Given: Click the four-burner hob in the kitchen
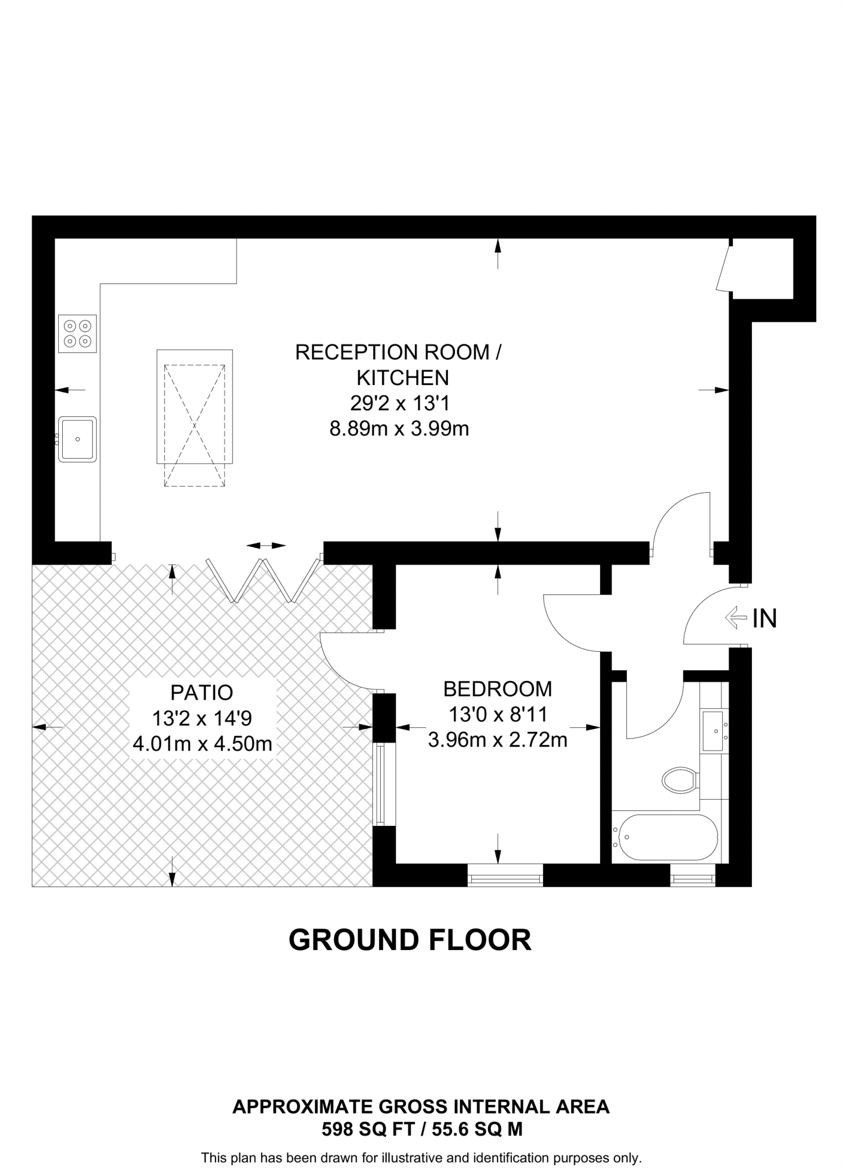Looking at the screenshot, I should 78,334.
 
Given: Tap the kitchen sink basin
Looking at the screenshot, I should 78,439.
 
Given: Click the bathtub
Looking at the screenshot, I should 665,837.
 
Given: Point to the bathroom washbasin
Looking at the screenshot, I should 712,731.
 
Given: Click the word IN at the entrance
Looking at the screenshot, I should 764,619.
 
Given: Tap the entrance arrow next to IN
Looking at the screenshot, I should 735,617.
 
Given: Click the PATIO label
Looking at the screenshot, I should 202,692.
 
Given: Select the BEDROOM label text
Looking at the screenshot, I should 498,689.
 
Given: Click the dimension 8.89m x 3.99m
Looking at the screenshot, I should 399,428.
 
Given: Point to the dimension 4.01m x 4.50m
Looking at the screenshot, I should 202,744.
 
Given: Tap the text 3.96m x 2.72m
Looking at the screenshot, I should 498,740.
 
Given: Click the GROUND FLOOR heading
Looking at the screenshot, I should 410,940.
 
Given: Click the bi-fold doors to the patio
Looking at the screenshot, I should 263,579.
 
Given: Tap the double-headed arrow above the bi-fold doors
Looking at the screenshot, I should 266,546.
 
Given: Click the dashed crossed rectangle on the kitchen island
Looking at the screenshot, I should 194,425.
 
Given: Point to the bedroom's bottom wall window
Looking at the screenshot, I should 505,875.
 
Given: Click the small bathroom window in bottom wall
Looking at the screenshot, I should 693,875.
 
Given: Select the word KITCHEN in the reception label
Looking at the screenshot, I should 402,378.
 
